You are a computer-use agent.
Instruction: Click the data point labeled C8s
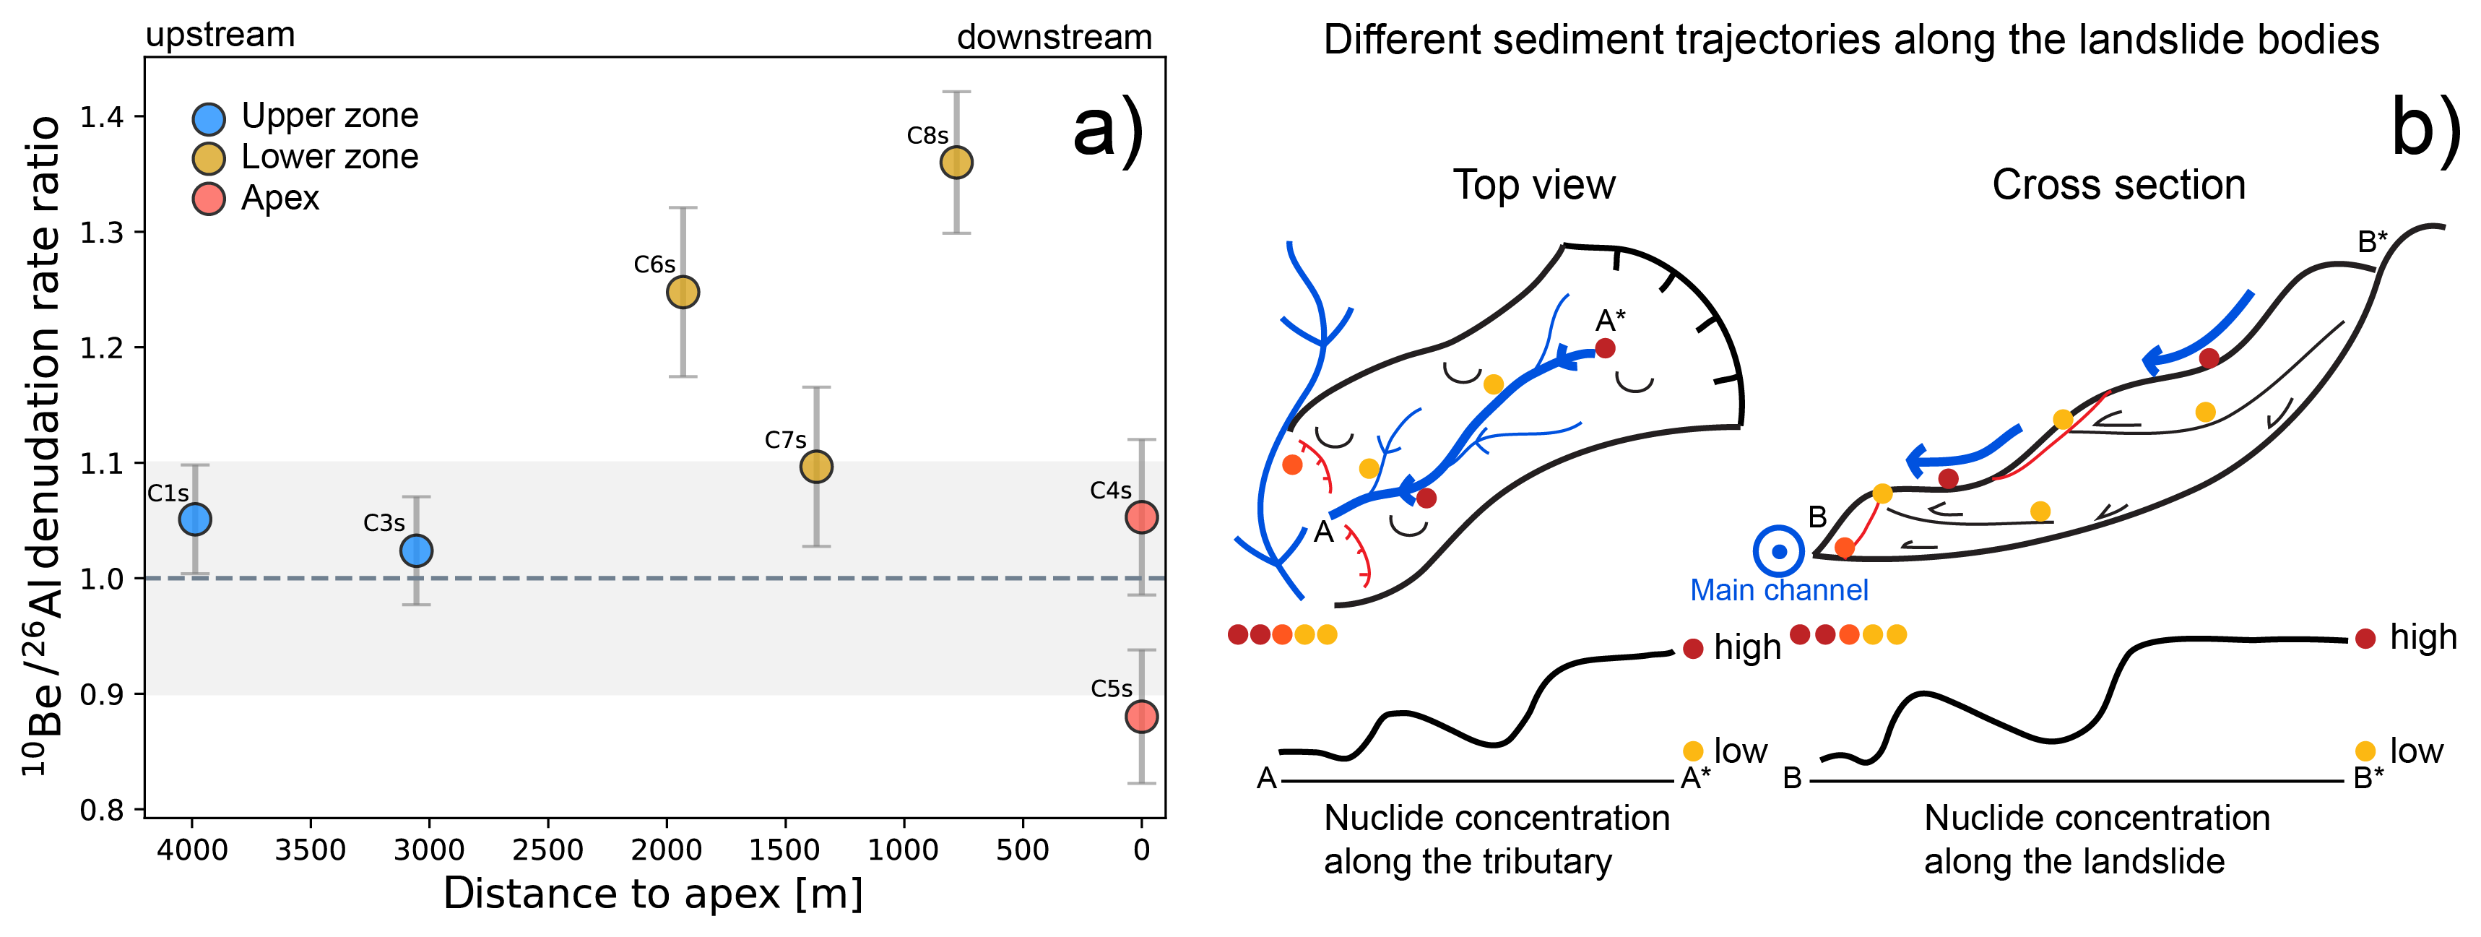956,162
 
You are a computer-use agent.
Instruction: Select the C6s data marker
683,292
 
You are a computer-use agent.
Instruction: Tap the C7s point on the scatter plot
815,467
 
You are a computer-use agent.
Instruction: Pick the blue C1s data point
194,519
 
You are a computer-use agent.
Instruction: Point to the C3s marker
416,550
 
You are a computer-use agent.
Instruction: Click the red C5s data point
1141,717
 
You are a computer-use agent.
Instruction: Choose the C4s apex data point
1141,517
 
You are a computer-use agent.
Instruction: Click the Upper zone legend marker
209,118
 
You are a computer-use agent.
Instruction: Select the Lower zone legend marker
209,158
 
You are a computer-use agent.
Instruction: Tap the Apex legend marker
209,199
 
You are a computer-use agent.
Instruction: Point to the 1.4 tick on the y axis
102,118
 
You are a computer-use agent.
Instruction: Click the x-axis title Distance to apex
653,894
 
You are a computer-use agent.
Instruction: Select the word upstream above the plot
220,35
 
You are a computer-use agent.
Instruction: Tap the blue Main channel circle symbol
1779,552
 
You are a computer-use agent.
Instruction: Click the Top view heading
1533,184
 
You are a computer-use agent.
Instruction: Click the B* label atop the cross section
2372,242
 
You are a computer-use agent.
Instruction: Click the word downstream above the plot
1054,38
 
